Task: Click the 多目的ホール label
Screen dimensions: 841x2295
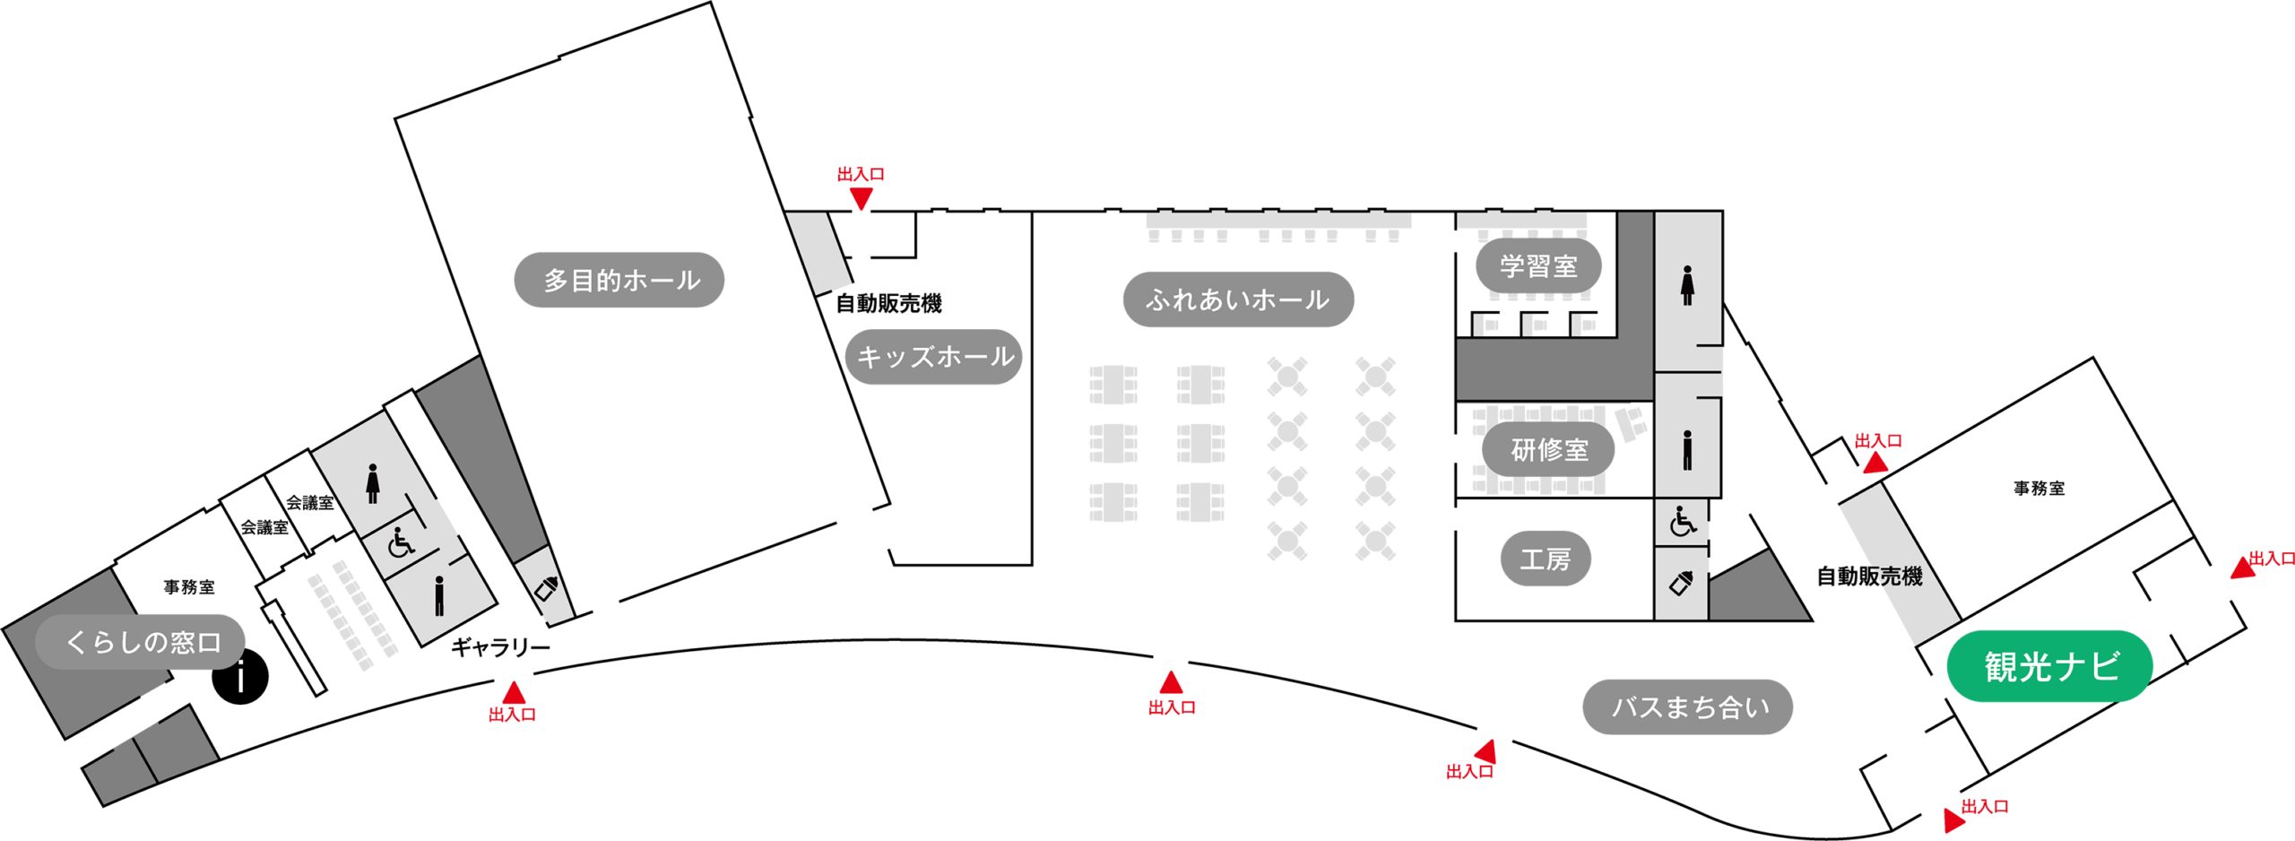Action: coord(619,280)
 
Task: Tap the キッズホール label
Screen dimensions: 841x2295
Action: coord(934,357)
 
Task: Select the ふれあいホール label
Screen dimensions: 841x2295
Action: coord(1238,299)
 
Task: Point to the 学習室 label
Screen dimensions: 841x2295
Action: coord(1538,265)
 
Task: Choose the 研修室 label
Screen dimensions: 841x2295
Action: coord(1548,449)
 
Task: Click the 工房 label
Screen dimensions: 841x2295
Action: coord(1546,559)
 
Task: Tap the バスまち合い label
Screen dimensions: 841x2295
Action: coord(1688,707)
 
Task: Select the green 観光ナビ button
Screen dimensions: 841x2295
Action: coord(2050,666)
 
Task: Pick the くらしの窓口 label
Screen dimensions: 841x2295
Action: coord(141,642)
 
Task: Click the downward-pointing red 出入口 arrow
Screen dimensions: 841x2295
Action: coord(862,198)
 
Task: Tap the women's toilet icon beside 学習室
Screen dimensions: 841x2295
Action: coord(1687,285)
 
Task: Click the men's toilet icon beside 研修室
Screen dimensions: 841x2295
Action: coord(1687,450)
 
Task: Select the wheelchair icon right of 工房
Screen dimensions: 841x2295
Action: coord(1682,521)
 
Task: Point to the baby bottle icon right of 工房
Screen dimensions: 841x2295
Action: coord(1681,584)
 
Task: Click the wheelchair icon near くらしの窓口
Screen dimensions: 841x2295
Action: coord(401,542)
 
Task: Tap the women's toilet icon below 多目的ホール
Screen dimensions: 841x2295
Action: coord(373,483)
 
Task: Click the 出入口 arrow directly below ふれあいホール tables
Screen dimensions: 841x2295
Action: coord(1171,682)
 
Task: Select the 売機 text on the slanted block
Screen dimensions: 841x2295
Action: coord(1899,577)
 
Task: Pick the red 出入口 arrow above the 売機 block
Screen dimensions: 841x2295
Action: coord(1875,463)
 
